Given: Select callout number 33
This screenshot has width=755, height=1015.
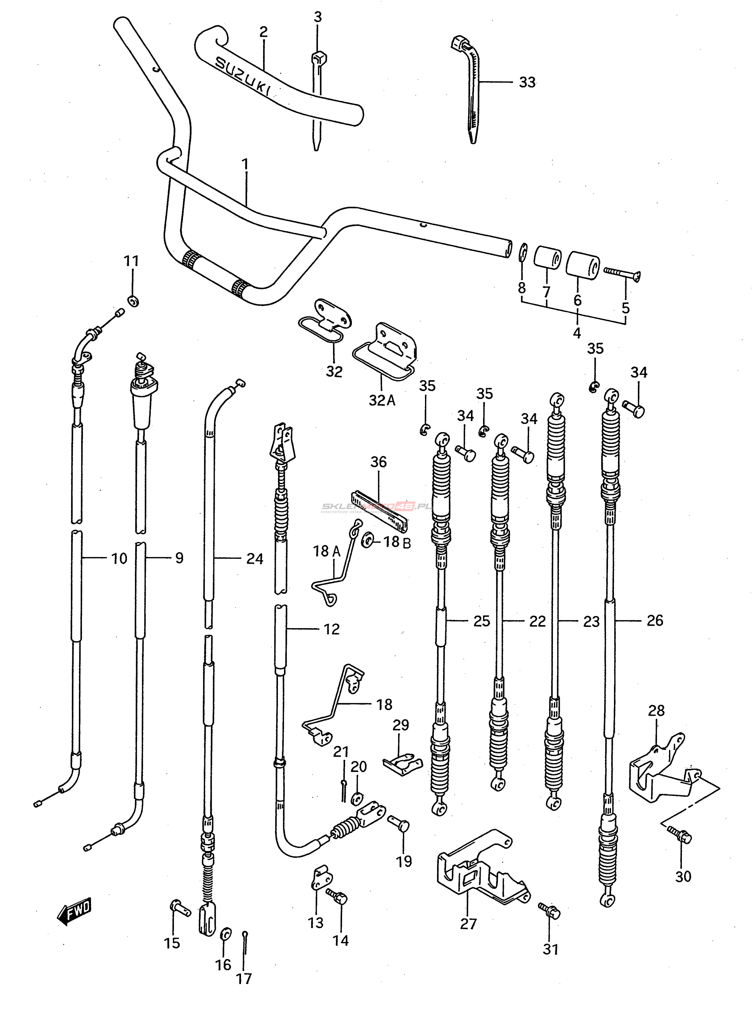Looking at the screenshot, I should point(527,83).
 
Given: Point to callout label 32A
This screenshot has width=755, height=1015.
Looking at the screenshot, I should point(382,400).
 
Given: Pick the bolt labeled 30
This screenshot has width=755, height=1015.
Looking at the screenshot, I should point(680,835).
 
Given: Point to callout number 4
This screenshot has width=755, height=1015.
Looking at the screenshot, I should point(577,333).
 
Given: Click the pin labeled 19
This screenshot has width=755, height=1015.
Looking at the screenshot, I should point(400,824).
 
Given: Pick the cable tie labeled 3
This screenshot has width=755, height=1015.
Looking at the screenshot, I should point(317,100).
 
